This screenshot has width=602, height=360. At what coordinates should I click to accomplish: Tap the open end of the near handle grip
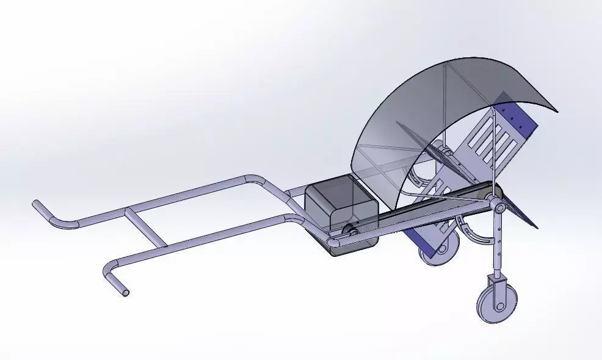tap(125, 292)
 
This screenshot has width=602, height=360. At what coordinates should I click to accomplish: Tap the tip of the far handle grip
tap(36, 204)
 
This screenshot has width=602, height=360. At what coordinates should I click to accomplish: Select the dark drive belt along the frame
tap(421, 211)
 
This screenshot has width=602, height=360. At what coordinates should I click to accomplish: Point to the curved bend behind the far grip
tap(61, 223)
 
